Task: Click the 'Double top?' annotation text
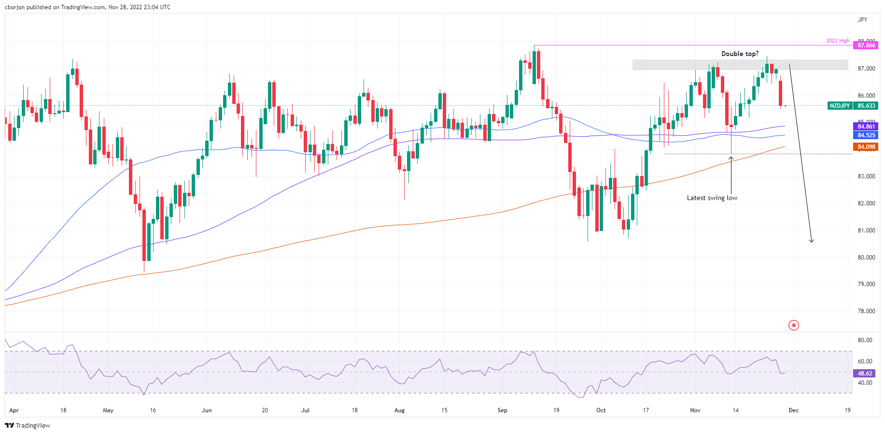[740, 54]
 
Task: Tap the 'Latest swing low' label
[712, 198]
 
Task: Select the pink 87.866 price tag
[866, 45]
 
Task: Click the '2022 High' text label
[838, 41]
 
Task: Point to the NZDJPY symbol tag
[840, 106]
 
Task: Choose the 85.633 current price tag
[866, 106]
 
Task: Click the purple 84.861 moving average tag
[866, 127]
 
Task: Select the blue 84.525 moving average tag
[866, 135]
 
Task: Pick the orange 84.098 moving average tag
[866, 147]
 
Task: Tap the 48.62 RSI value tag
[865, 374]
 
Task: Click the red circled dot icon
[794, 325]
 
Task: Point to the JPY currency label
[862, 20]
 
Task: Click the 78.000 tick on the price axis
[866, 311]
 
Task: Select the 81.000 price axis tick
[866, 231]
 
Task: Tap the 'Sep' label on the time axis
[503, 410]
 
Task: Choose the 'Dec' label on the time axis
[794, 410]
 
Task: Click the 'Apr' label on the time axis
[14, 410]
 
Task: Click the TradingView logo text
[28, 426]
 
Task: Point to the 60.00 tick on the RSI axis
[865, 362]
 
